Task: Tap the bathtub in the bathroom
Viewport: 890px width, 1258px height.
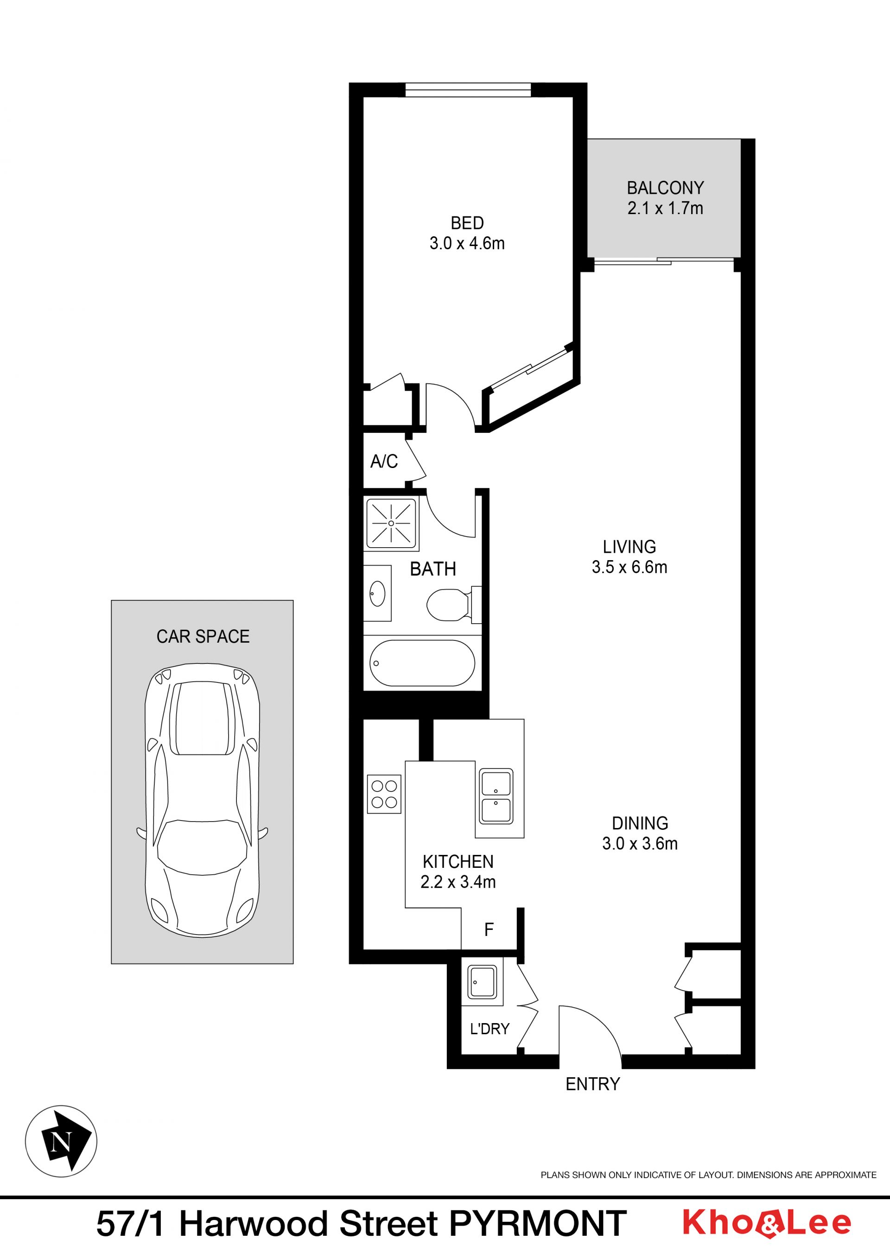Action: (422, 663)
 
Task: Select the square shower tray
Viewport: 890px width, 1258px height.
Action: (391, 523)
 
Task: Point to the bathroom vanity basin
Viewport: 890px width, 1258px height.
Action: (378, 594)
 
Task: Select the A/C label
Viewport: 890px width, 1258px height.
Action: (384, 461)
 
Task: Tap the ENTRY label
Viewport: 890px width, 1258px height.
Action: (593, 1084)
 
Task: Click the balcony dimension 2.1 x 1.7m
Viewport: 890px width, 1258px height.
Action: (665, 208)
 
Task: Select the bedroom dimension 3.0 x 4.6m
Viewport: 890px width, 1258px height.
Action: (467, 243)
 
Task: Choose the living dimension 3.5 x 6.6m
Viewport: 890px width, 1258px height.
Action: (629, 567)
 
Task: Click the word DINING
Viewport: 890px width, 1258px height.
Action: (640, 823)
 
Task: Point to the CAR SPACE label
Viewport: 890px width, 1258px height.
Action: (203, 636)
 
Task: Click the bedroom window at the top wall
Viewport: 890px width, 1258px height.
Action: (468, 90)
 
